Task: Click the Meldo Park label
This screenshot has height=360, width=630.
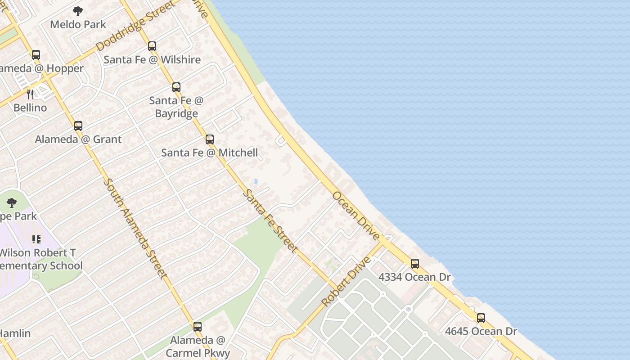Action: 78,24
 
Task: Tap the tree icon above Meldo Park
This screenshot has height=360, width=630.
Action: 78,11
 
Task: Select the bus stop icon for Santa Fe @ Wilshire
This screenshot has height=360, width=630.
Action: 152,46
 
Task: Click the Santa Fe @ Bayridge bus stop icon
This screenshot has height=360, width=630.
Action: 176,87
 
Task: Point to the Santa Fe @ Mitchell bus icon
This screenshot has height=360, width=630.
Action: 210,139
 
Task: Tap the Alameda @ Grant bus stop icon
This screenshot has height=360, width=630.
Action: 78,126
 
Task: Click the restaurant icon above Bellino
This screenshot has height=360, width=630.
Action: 30,94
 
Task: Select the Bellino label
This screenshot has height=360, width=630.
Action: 30,108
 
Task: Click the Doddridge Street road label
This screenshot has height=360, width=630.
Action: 135,27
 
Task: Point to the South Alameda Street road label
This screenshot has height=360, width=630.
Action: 135,229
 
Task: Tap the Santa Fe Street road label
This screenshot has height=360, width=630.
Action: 270,221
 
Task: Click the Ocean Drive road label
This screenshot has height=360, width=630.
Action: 356,215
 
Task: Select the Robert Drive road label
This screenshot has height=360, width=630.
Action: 346,281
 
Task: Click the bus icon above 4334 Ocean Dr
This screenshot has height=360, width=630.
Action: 415,264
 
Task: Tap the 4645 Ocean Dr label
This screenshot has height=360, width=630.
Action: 481,332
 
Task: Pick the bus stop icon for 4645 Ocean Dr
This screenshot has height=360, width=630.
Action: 481,318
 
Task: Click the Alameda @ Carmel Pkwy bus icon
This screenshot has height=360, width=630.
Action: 198,327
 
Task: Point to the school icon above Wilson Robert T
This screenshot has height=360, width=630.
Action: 36,239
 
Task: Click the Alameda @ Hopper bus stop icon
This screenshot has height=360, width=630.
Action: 36,55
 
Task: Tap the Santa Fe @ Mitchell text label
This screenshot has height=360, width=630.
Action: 210,153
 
